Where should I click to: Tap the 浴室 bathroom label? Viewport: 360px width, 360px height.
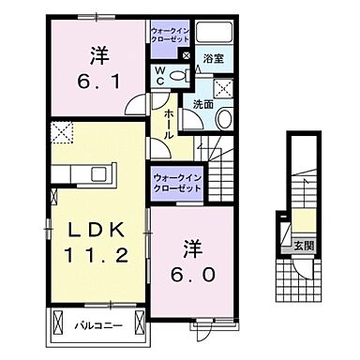click(x=209, y=55)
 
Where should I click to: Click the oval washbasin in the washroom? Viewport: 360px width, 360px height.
click(x=224, y=119)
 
